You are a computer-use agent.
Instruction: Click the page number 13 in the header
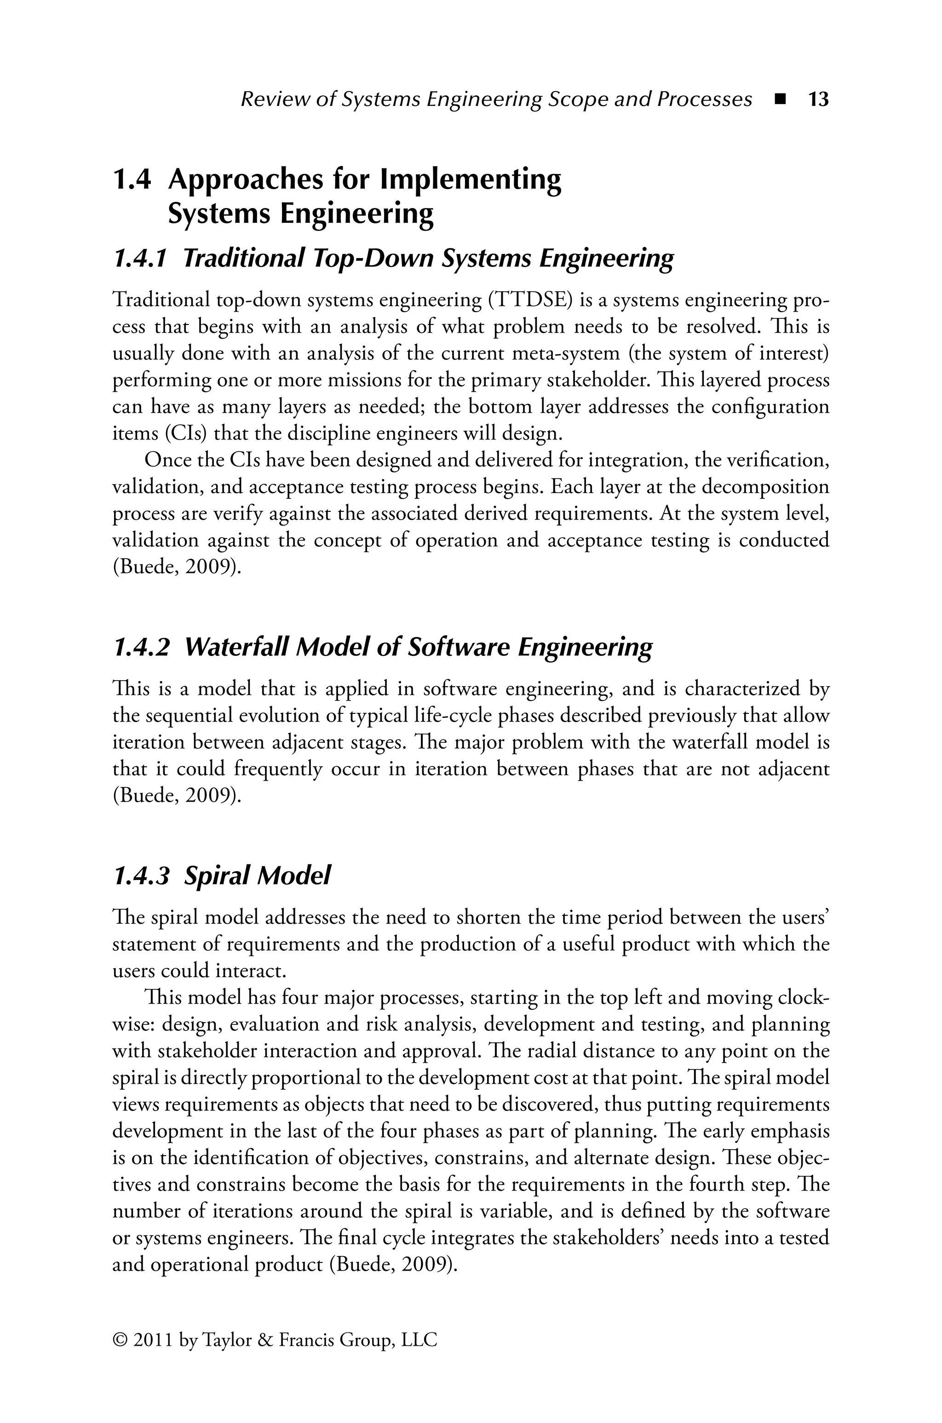(818, 99)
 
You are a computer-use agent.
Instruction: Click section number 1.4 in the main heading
(132, 179)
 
